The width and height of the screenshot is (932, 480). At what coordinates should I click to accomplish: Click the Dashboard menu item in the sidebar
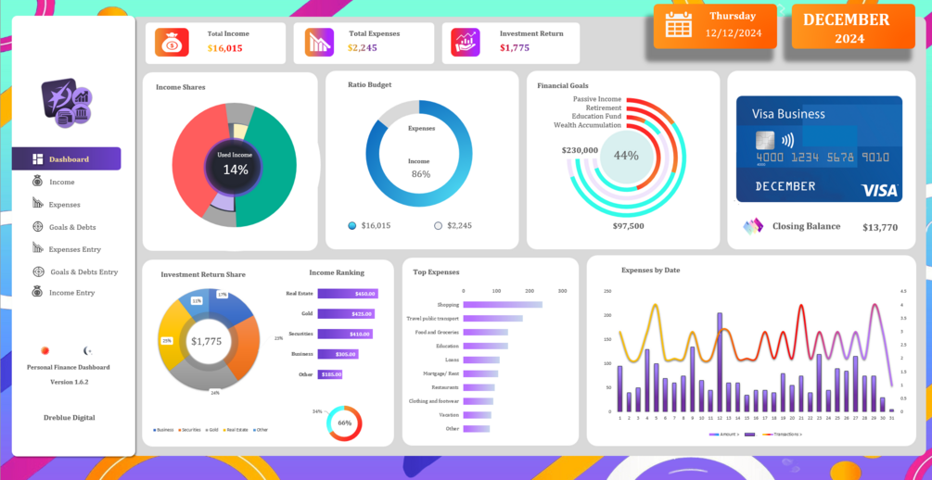67,159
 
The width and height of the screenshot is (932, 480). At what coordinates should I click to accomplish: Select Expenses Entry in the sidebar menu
74,249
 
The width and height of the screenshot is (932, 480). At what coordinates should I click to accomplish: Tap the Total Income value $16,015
224,48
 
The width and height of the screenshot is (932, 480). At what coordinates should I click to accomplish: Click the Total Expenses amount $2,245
363,48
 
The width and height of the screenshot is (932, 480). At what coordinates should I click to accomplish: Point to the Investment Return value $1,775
515,48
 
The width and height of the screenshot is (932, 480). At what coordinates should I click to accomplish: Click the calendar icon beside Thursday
678,25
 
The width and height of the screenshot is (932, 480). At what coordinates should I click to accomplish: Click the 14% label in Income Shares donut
236,170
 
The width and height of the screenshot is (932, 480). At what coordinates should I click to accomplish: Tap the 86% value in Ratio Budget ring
421,174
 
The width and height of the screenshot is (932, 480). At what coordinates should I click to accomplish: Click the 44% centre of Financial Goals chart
626,156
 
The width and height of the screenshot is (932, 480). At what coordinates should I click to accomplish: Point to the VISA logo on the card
879,190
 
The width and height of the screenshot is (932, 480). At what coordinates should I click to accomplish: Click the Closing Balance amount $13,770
880,227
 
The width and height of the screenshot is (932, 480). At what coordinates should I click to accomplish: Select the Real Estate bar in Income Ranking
348,294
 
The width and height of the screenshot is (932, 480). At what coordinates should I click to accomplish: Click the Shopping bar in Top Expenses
503,304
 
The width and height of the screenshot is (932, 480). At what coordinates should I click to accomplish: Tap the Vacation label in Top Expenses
449,414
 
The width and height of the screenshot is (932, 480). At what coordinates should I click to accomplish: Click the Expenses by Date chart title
650,270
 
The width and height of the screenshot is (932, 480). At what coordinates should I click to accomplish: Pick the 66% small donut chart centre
344,423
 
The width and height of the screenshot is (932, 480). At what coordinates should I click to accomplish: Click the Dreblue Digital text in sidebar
69,418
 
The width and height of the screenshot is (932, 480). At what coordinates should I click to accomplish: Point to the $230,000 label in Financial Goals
580,150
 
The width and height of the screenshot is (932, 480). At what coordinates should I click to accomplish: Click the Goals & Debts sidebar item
71,227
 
